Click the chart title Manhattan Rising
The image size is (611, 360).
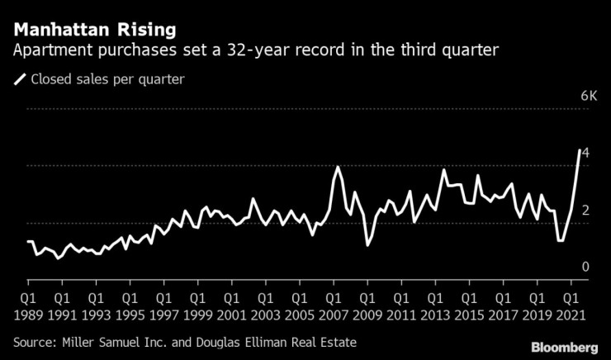(94, 30)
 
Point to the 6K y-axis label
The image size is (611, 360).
(589, 97)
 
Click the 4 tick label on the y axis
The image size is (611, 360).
(585, 154)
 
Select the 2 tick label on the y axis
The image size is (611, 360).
(585, 211)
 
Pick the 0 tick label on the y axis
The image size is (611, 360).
(585, 268)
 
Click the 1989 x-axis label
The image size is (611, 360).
(28, 313)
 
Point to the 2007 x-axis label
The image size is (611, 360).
(333, 313)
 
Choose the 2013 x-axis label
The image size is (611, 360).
(434, 313)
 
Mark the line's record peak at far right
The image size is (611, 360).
(578, 149)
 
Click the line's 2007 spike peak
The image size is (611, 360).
(338, 168)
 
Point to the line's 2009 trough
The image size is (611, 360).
(367, 245)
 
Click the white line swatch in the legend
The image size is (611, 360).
(19, 80)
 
